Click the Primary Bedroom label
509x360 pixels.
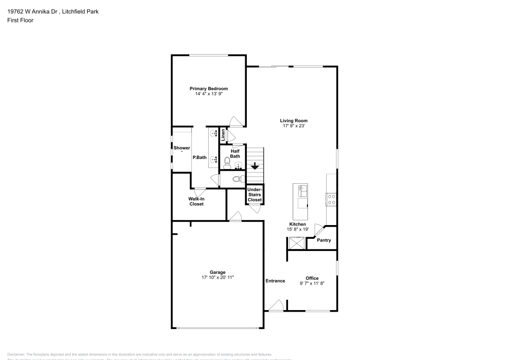click(x=209, y=89)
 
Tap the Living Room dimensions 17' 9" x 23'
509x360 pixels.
click(x=294, y=126)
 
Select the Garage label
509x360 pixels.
click(x=217, y=272)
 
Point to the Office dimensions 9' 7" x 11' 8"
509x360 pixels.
click(x=312, y=283)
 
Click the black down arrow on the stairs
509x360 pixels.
click(x=255, y=166)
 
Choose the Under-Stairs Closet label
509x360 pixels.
click(x=254, y=195)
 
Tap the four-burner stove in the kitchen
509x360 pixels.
click(x=331, y=199)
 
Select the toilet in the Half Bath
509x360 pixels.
click(x=227, y=162)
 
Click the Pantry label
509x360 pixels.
click(x=324, y=240)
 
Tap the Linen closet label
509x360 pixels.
click(x=223, y=134)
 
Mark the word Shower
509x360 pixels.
click(x=182, y=148)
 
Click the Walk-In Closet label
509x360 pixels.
click(x=196, y=201)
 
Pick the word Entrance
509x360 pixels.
click(x=275, y=281)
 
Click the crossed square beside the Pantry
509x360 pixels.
click(x=296, y=243)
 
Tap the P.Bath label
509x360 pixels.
click(x=200, y=158)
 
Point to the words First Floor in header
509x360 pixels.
click(x=20, y=20)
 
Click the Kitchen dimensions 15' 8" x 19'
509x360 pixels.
click(x=298, y=230)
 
